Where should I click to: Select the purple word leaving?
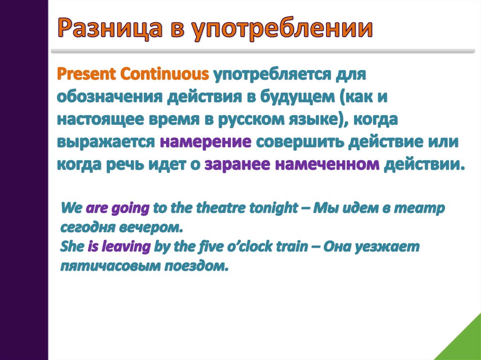pyautogui.click(x=126, y=247)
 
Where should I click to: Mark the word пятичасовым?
pyautogui.click(x=110, y=266)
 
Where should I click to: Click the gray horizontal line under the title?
pyautogui.click(x=263, y=51)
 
